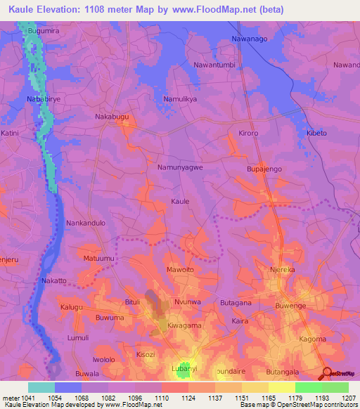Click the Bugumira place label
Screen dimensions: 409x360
pos(40,32)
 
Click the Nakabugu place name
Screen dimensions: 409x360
pos(113,117)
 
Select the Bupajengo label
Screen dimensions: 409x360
pos(264,169)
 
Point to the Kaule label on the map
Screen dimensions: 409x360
pos(180,201)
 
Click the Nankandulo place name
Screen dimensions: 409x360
pos(85,223)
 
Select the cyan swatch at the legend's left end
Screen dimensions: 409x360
pos(41,387)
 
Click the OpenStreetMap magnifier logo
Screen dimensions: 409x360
pos(327,372)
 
